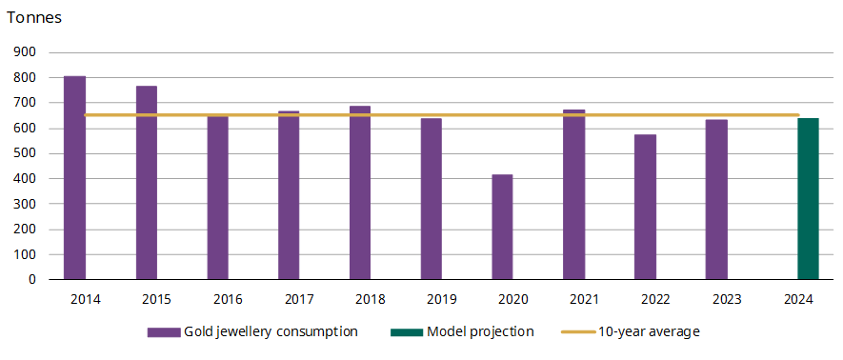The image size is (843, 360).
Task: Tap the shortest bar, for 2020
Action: (x=502, y=228)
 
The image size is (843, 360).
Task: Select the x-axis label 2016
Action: (x=228, y=299)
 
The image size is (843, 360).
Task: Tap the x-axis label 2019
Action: (x=441, y=299)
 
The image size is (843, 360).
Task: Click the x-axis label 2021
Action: (x=584, y=299)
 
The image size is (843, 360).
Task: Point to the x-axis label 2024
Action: (x=798, y=299)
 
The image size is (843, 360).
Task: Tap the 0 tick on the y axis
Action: (x=31, y=280)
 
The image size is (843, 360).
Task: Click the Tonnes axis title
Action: (x=34, y=17)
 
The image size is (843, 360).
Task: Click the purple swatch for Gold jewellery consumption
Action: (x=164, y=332)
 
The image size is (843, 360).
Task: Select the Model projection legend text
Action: (x=480, y=332)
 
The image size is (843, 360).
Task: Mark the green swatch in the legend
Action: (x=406, y=332)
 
